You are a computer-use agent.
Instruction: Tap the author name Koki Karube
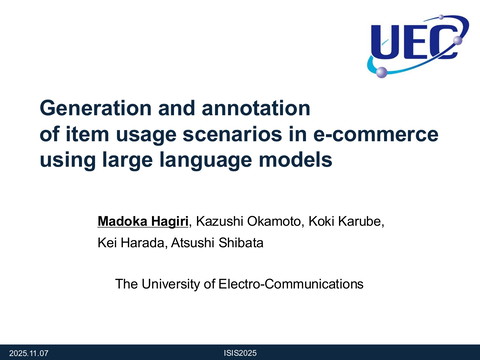(340, 220)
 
